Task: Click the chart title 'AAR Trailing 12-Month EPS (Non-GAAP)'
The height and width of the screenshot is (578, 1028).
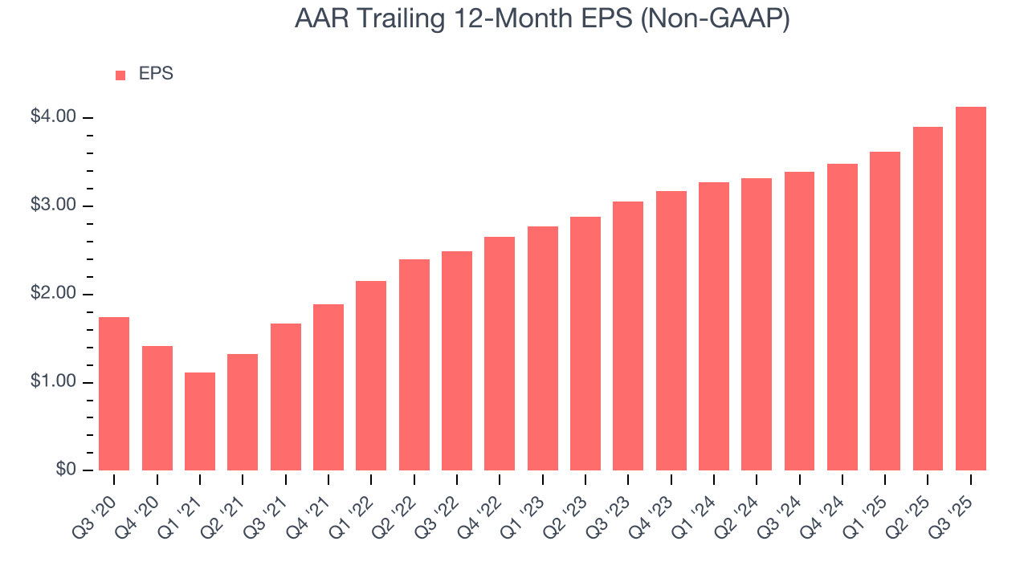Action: tap(542, 18)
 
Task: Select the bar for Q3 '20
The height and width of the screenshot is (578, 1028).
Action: tap(114, 393)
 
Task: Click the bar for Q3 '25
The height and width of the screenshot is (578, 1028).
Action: tap(971, 289)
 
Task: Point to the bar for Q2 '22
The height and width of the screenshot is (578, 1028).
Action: tap(414, 364)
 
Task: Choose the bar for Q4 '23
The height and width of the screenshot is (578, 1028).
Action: tap(671, 331)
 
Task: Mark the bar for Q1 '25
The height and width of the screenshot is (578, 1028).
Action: tap(885, 311)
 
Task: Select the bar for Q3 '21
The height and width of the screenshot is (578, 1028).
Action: tap(286, 397)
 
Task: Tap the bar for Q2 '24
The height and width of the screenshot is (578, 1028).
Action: tap(757, 324)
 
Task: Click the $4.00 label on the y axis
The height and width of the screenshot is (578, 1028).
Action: tap(53, 117)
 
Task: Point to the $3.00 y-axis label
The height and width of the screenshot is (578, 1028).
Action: tap(53, 206)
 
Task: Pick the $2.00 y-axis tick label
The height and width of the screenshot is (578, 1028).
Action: tap(53, 294)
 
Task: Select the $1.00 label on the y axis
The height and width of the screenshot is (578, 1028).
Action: tap(53, 382)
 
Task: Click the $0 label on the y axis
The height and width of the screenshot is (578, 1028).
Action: tap(63, 470)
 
